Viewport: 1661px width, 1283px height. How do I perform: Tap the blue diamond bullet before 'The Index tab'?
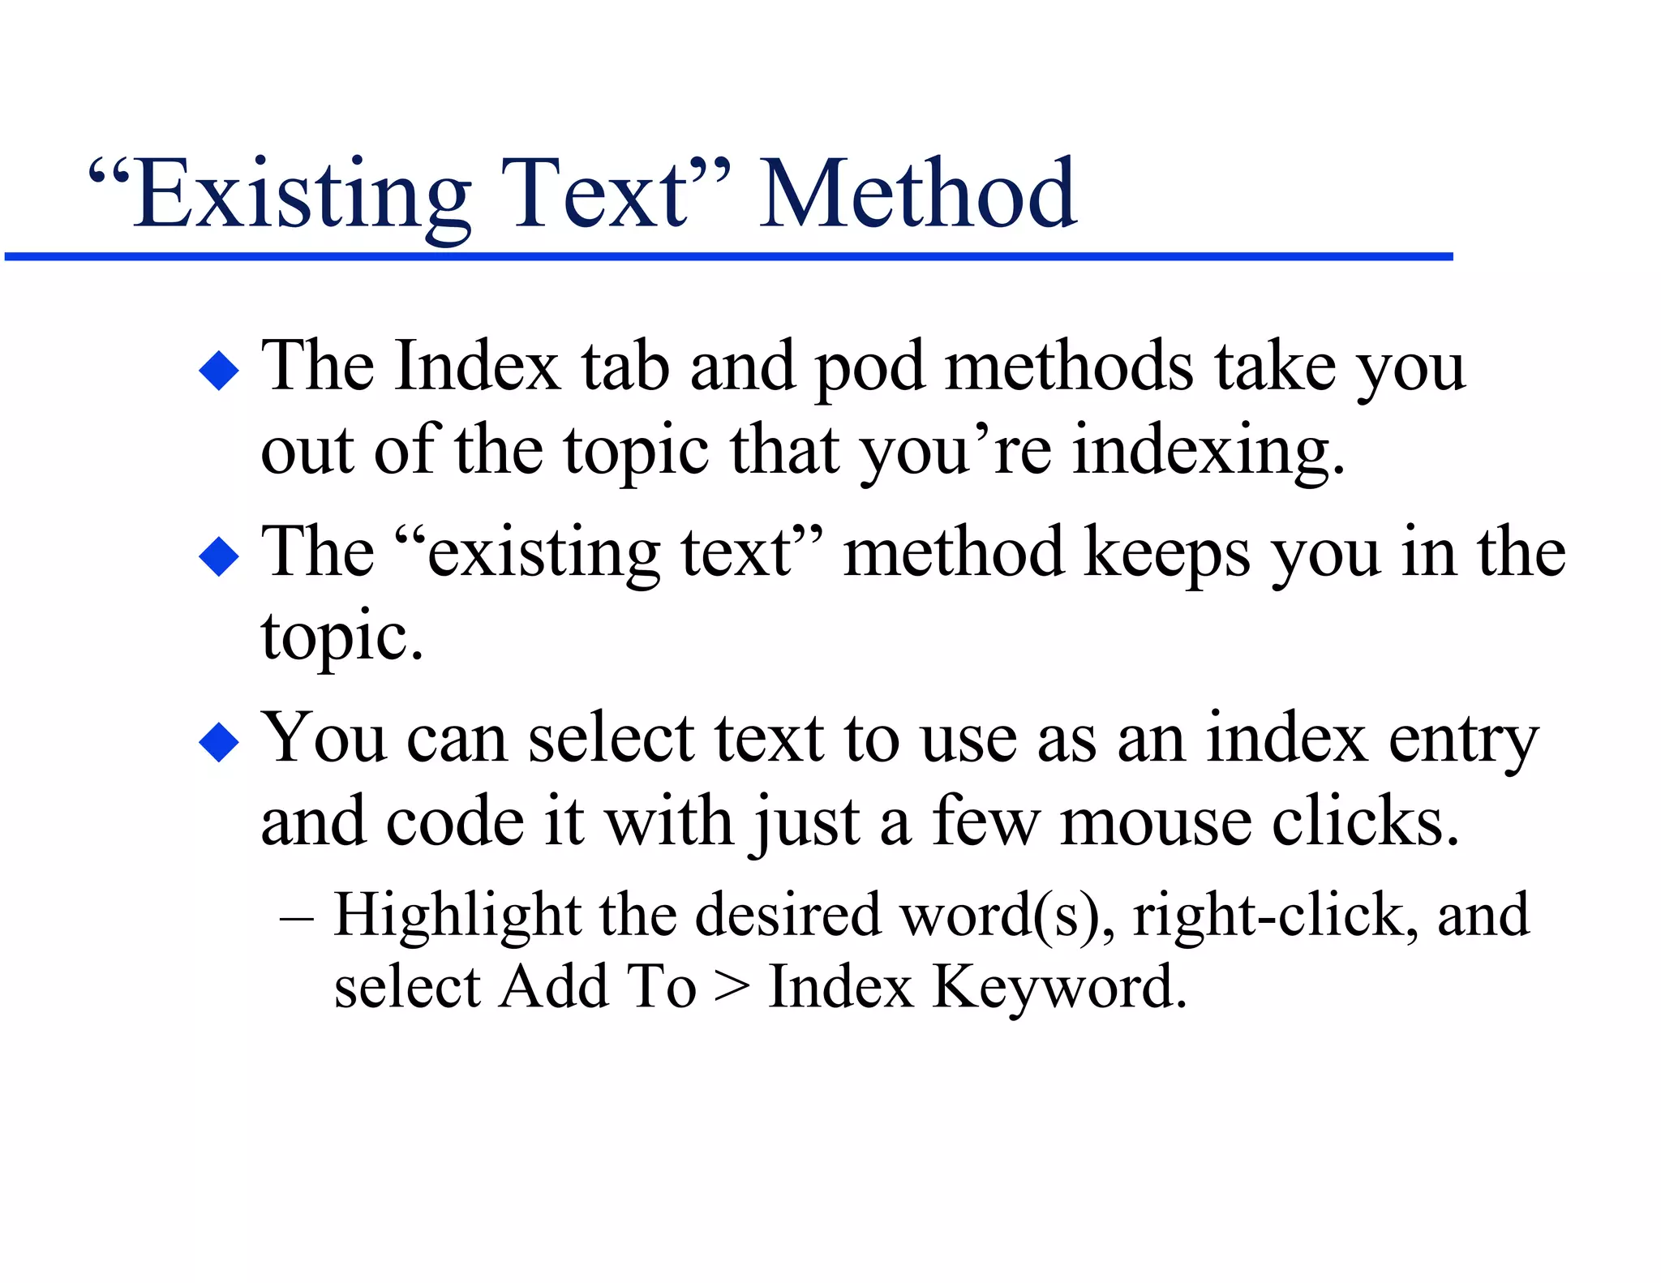tap(219, 371)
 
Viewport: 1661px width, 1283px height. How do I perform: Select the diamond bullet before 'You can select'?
tap(219, 742)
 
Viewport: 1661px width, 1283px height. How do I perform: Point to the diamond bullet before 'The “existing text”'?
tap(219, 557)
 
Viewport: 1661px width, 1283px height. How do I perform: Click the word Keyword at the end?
tap(1058, 988)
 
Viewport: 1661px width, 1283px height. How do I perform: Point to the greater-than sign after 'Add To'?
tap(732, 988)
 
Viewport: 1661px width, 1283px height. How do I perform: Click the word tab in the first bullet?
tap(625, 367)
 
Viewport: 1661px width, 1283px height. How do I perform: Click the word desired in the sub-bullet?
tap(788, 915)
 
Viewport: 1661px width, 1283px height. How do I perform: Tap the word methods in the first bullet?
tap(1069, 367)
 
